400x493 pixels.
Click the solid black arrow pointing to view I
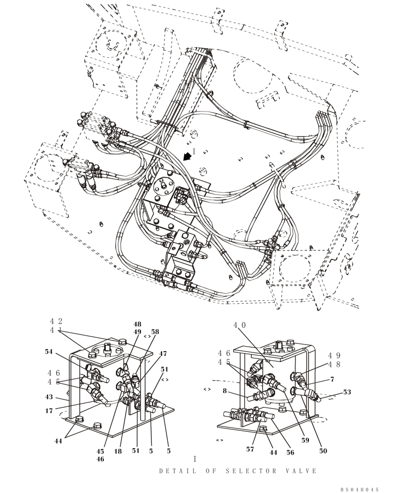pos(187,156)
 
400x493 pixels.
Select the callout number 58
pos(155,332)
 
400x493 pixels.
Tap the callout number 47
pos(163,353)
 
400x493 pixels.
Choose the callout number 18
pos(119,451)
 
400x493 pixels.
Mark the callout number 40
pos(239,325)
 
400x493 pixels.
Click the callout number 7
pos(332,379)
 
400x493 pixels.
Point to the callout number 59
pos(305,440)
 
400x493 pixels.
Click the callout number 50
pos(323,451)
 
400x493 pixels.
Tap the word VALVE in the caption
pos(301,471)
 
